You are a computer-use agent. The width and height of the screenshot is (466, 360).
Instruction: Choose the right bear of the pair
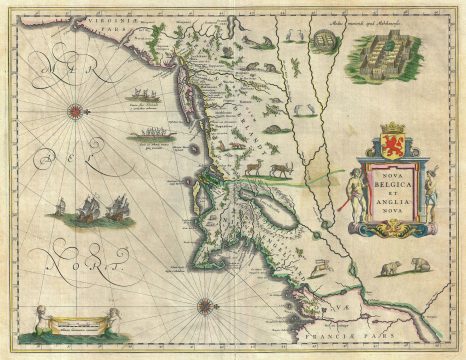click(x=419, y=266)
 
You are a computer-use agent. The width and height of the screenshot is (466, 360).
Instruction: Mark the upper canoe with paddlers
click(x=146, y=100)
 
